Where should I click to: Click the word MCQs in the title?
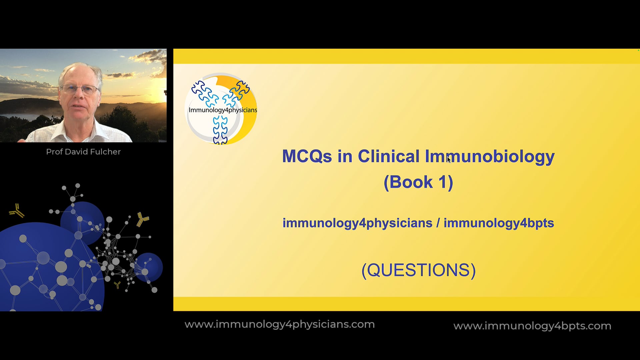point(307,156)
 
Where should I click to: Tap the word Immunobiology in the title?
point(490,157)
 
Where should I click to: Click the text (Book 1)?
point(418,182)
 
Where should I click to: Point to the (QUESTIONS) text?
point(419,270)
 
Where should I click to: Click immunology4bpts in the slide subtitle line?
point(499,223)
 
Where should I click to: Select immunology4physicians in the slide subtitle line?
point(357,223)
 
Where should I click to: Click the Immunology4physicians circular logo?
point(221,109)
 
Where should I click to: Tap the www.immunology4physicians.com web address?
point(280,324)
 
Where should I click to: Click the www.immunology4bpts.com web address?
point(532,326)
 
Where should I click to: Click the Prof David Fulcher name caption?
point(83,152)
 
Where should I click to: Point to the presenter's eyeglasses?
point(80,89)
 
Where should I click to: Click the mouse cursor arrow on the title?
point(449,160)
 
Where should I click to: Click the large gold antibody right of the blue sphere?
point(143,219)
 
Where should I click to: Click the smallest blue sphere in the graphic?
point(149,267)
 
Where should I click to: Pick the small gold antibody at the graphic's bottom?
point(117,285)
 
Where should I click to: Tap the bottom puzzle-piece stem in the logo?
point(220,131)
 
